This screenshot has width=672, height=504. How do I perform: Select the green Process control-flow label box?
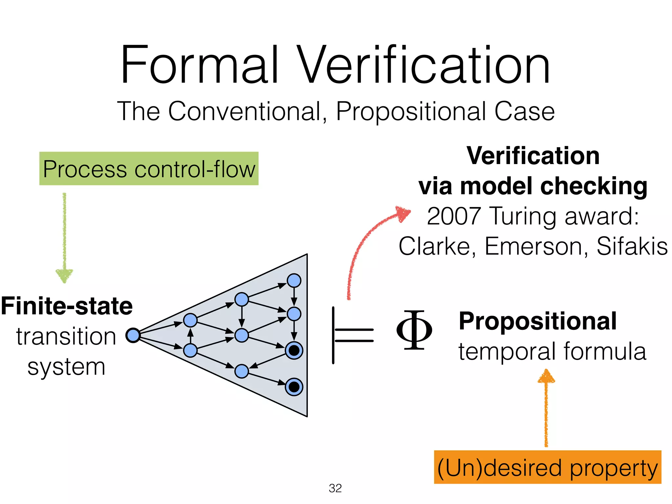149,169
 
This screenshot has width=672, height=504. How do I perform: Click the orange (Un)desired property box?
547,467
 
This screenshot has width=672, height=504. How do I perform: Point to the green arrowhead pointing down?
64,275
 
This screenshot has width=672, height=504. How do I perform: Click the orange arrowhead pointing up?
546,377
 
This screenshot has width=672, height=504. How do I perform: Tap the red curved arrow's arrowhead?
403,213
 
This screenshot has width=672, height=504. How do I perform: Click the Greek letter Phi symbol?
414,330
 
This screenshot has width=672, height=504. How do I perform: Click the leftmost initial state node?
133,335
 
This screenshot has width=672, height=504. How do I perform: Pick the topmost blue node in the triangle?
294,281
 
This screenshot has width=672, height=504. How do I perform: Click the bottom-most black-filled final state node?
294,387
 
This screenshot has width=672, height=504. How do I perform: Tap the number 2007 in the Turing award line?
454,216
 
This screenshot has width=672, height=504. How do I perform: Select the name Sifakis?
632,246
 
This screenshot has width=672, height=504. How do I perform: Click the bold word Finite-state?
67,306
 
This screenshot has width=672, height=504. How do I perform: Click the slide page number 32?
335,488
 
